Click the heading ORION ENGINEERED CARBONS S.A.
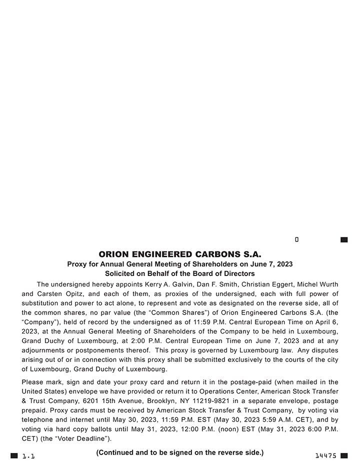(180, 254)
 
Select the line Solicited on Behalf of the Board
(180, 273)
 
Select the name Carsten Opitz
(55, 293)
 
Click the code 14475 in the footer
(326, 456)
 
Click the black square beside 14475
(344, 455)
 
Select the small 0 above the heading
(296, 240)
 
